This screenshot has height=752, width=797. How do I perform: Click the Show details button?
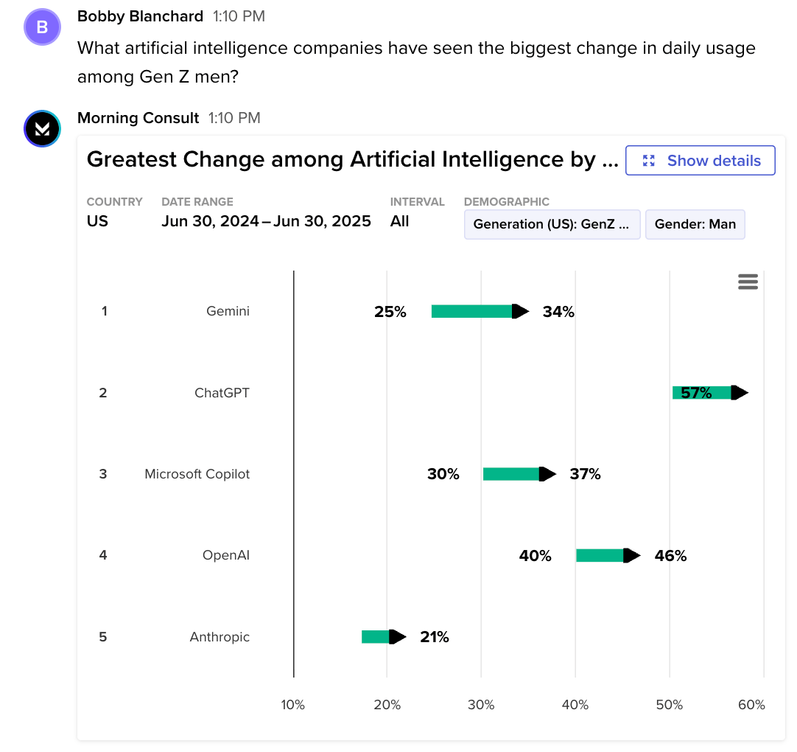(x=700, y=161)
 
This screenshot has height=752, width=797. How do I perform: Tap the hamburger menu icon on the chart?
(x=748, y=282)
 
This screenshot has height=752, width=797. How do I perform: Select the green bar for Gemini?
(x=472, y=311)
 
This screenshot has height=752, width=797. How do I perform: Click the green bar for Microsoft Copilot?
(x=511, y=474)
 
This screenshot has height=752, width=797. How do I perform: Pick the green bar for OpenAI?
(x=600, y=555)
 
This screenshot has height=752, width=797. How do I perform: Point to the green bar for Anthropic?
(x=376, y=637)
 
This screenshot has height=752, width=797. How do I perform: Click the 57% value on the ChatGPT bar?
(x=696, y=393)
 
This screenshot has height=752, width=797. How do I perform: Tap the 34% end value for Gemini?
(x=558, y=312)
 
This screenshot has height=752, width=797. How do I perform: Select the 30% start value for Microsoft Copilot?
(x=443, y=474)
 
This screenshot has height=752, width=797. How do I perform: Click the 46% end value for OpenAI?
(x=670, y=556)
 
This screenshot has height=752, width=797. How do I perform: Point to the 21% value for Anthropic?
(x=434, y=637)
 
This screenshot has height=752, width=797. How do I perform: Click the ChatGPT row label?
(x=222, y=393)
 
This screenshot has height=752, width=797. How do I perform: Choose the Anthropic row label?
(x=220, y=637)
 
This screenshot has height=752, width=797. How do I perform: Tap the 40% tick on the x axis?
(x=575, y=705)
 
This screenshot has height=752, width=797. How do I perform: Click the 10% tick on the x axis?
(x=292, y=705)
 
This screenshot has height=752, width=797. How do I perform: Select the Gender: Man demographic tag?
(x=695, y=224)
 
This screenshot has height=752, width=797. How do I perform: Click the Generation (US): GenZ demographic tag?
(x=552, y=224)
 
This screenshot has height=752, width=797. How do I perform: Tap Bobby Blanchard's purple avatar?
(x=42, y=27)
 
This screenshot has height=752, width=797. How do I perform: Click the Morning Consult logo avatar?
(x=42, y=129)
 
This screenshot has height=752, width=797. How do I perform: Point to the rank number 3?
(x=103, y=474)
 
